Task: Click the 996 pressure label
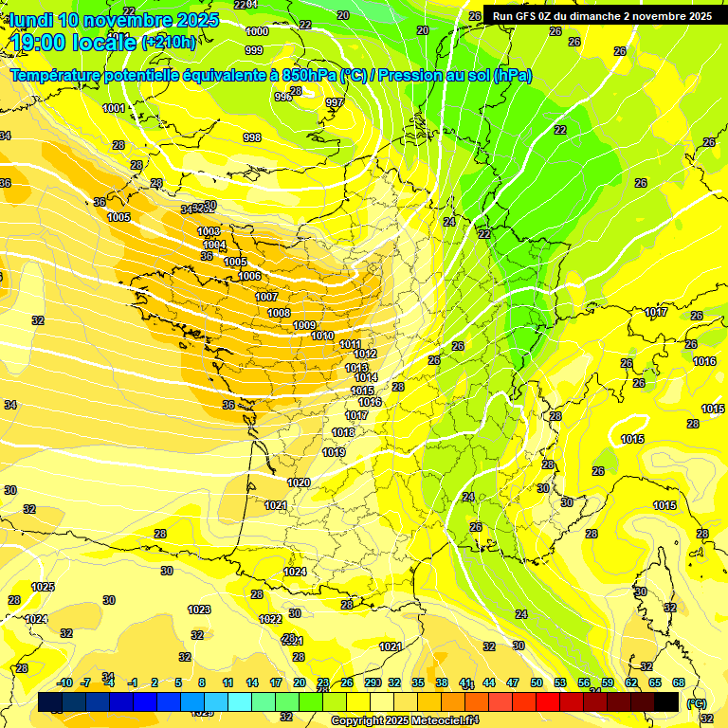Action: click(x=283, y=97)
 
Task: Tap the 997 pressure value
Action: click(x=334, y=102)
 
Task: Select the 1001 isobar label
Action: click(x=114, y=108)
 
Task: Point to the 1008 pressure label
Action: click(x=279, y=313)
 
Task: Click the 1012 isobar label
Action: click(x=366, y=354)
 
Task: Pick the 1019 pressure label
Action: click(x=334, y=452)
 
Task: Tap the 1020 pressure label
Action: click(x=299, y=482)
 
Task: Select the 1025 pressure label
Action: click(x=43, y=587)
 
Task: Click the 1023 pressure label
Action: click(x=199, y=610)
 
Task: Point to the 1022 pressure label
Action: click(x=270, y=619)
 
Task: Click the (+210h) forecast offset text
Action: click(x=169, y=42)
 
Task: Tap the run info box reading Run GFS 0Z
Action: click(x=602, y=15)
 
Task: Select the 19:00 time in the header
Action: click(x=44, y=42)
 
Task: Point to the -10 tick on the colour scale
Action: click(x=65, y=682)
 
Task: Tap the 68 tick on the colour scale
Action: click(x=679, y=682)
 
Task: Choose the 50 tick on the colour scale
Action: click(x=537, y=682)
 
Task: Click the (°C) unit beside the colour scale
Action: click(x=696, y=703)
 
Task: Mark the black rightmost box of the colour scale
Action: click(x=666, y=701)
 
